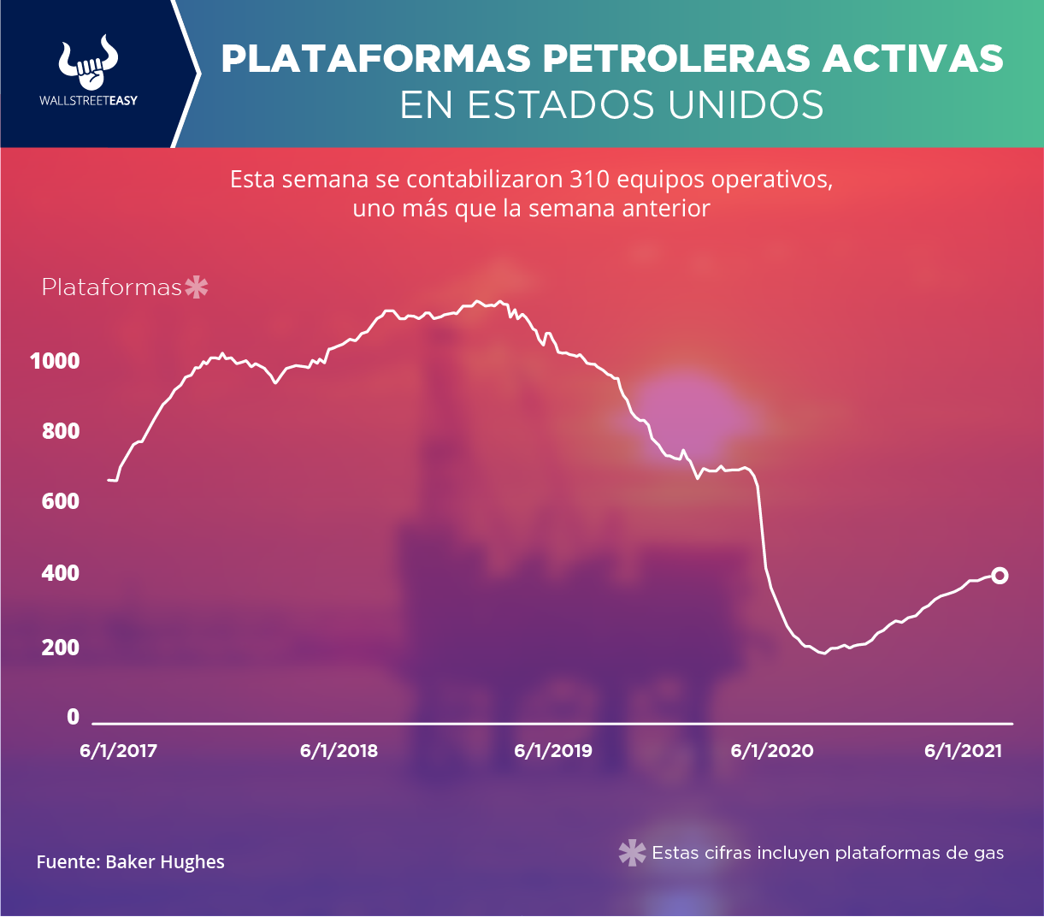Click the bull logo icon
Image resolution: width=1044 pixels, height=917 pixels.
[89, 62]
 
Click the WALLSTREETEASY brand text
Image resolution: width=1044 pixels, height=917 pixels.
[89, 101]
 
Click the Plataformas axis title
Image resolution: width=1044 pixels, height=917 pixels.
[112, 287]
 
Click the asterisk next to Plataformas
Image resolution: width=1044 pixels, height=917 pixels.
[197, 287]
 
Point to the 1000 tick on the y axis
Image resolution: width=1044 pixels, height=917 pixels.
[55, 361]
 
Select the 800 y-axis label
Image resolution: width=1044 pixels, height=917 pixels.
[61, 431]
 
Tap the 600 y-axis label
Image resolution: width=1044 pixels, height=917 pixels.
[61, 501]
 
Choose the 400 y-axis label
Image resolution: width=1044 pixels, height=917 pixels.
[61, 573]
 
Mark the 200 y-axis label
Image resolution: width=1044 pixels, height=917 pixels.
[61, 647]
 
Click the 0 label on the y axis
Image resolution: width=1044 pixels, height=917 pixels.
[73, 717]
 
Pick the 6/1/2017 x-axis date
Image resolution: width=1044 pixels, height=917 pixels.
[119, 751]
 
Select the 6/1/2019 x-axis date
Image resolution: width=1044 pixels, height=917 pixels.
[553, 751]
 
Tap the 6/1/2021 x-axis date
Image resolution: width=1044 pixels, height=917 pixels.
[963, 751]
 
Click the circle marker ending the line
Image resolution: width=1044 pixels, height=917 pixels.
[999, 576]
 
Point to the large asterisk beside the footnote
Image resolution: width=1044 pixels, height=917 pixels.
[632, 853]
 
